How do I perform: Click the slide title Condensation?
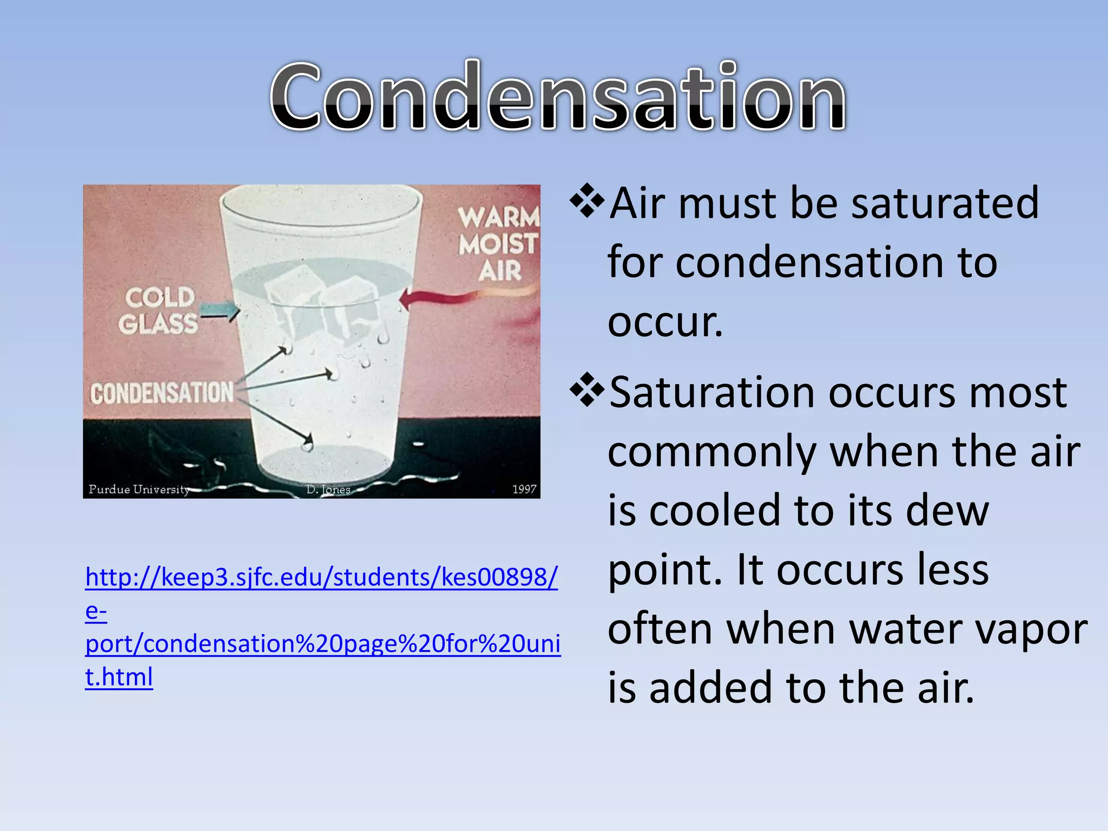tap(557, 97)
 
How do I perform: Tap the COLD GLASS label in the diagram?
tap(159, 311)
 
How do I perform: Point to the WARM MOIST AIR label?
tap(499, 244)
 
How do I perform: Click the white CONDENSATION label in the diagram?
tap(162, 393)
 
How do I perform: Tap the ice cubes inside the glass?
tap(325, 303)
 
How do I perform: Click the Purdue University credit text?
tap(139, 490)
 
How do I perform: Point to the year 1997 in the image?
tap(524, 489)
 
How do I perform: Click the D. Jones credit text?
tap(328, 490)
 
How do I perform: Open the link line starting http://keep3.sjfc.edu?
tap(321, 577)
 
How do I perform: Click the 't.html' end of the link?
tap(119, 677)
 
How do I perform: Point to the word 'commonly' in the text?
tap(711, 452)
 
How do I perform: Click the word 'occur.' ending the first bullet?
tap(665, 322)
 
